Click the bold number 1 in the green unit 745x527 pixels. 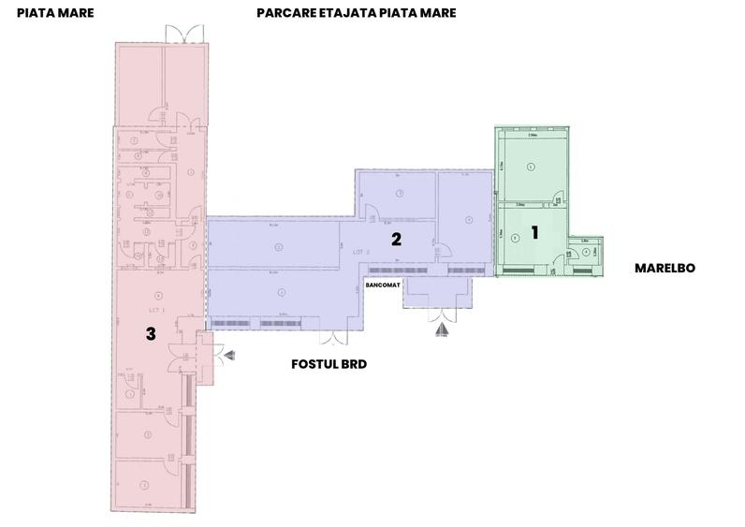tap(534, 232)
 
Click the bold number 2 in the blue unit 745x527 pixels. tap(396, 239)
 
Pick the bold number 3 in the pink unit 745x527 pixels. tap(150, 332)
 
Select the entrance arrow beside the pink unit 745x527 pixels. tap(227, 354)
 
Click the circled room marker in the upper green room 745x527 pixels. tap(531, 167)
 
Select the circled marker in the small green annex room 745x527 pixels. tap(585, 251)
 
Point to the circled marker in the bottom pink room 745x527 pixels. tap(145, 485)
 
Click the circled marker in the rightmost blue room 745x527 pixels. tap(468, 221)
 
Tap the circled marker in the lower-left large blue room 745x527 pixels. tap(281, 292)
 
